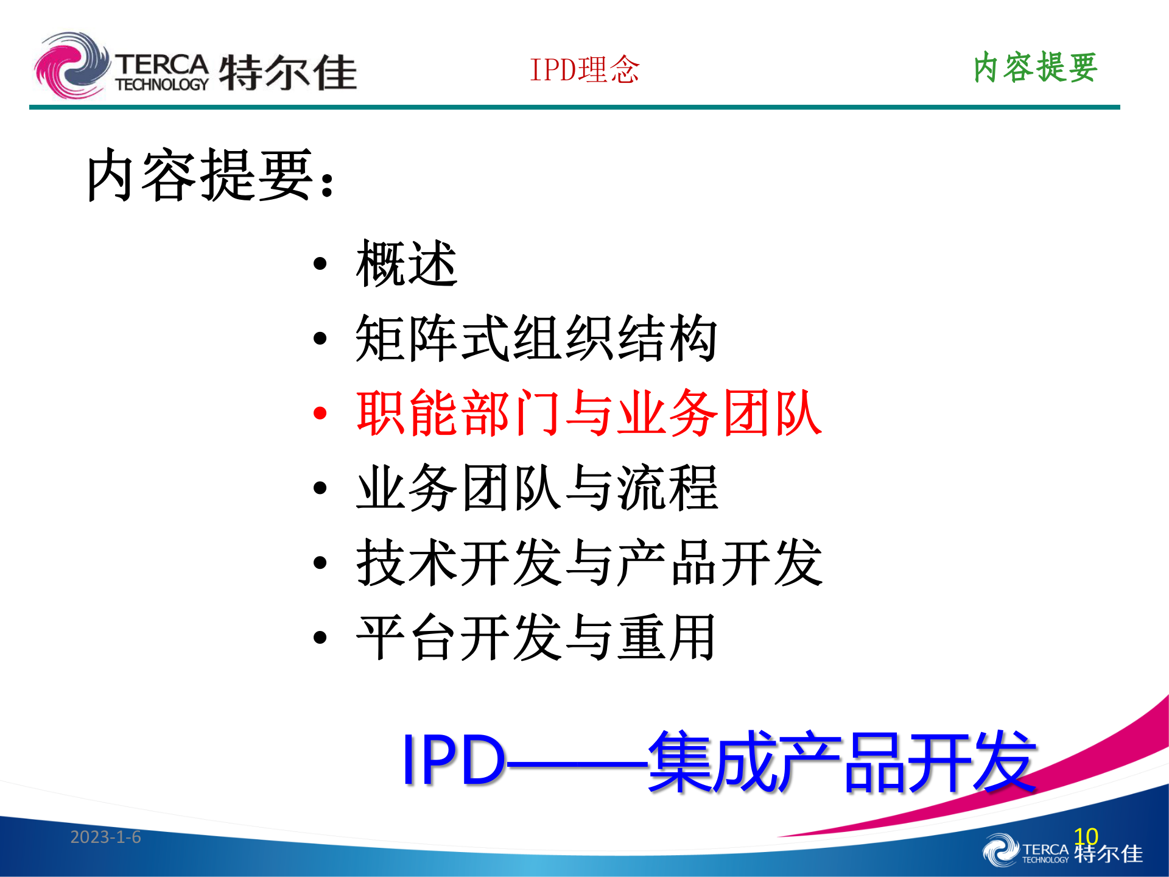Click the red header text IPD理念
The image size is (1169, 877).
pyautogui.click(x=584, y=69)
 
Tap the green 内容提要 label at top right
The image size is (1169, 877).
pyautogui.click(x=1035, y=67)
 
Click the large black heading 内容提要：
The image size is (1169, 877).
pyautogui.click(x=210, y=175)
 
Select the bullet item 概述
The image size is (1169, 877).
pyautogui.click(x=407, y=264)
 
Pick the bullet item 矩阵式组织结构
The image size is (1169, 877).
pyautogui.click(x=536, y=339)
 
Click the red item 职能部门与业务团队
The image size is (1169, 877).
pyautogui.click(x=589, y=414)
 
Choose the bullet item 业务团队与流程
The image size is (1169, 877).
pyautogui.click(x=537, y=488)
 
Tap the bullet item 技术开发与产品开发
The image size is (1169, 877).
pyautogui.click(x=589, y=563)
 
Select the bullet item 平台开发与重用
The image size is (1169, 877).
pyautogui.click(x=536, y=638)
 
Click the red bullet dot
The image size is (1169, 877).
pyautogui.click(x=320, y=414)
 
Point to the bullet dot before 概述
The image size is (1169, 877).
pyautogui.click(x=320, y=264)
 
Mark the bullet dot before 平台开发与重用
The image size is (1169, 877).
pyautogui.click(x=320, y=638)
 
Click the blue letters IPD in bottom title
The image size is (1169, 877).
pyautogui.click(x=453, y=759)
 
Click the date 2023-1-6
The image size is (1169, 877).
pyautogui.click(x=105, y=837)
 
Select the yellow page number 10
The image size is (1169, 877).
pyautogui.click(x=1086, y=836)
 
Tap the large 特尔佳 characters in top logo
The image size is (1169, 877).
pyautogui.click(x=287, y=72)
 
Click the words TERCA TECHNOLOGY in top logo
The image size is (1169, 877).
pyautogui.click(x=162, y=72)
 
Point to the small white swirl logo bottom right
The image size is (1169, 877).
pyautogui.click(x=1000, y=850)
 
